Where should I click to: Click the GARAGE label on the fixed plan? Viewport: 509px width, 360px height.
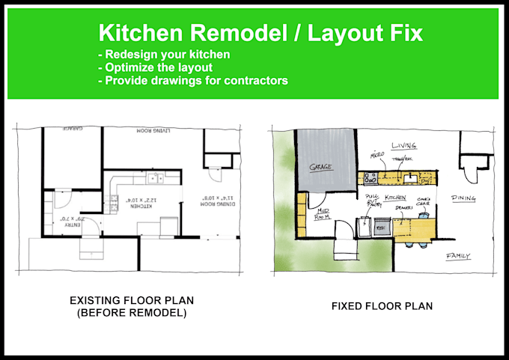point(322,167)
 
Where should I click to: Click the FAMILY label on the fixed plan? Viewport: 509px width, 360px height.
point(457,256)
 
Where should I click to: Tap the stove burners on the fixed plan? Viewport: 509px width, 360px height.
point(369,178)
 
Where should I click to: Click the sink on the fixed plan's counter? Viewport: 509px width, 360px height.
point(411,178)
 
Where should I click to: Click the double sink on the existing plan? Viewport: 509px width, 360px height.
point(156,177)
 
